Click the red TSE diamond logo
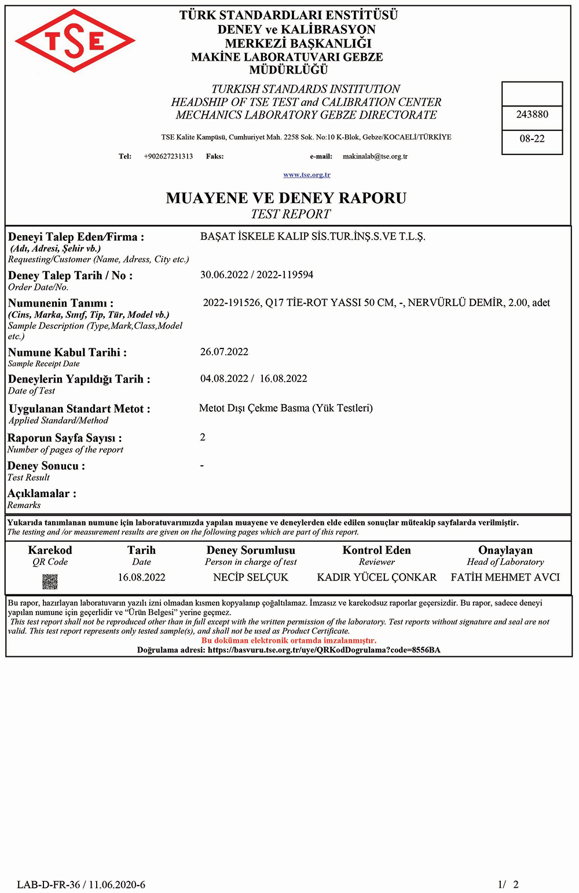pyautogui.click(x=75, y=41)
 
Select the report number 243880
pyautogui.click(x=532, y=115)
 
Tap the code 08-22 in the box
pyautogui.click(x=532, y=139)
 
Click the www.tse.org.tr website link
pyautogui.click(x=307, y=175)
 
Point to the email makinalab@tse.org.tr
pyautogui.click(x=375, y=156)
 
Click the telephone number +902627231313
pyautogui.click(x=168, y=156)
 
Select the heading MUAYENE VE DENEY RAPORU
pyautogui.click(x=286, y=198)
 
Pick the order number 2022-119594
pyautogui.click(x=285, y=275)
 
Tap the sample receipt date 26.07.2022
pyautogui.click(x=224, y=352)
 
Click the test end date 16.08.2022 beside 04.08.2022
pyautogui.click(x=283, y=378)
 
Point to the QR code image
pyautogui.click(x=50, y=581)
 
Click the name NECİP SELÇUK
pyautogui.click(x=251, y=577)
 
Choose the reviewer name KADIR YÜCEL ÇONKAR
pyautogui.click(x=377, y=577)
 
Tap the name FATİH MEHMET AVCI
pyautogui.click(x=505, y=577)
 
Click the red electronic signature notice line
pyautogui.click(x=289, y=641)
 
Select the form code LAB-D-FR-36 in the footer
pyautogui.click(x=49, y=884)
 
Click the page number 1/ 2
pyautogui.click(x=508, y=884)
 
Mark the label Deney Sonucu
pyautogui.click(x=46, y=466)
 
